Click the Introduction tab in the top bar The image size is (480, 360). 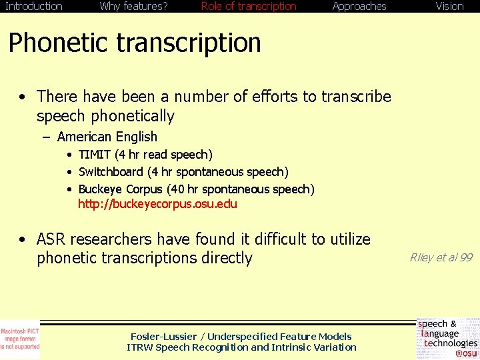pos(33,7)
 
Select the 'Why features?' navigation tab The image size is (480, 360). pos(133,7)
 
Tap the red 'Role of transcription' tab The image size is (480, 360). pos(249,7)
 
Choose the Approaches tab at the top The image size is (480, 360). pos(359,7)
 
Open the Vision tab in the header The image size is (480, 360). pos(449,7)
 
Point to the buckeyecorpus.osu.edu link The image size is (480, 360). pos(157,204)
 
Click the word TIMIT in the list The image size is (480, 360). pos(95,155)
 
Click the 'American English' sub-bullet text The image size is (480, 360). pos(107,137)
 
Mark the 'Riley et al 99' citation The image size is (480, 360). pos(441,257)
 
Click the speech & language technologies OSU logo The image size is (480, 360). pos(447,339)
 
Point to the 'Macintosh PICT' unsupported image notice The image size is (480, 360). pos(20,339)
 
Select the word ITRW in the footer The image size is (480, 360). pos(139,347)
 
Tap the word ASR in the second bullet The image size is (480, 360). pos(51,239)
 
